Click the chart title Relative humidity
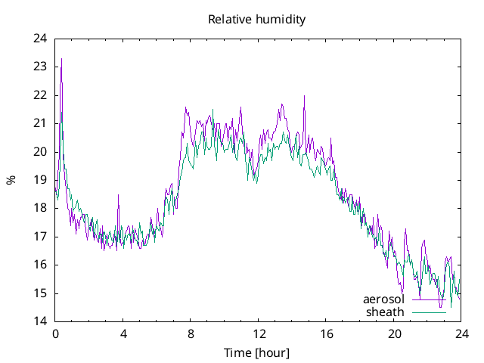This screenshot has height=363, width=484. [x=257, y=20]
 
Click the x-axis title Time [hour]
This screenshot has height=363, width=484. [x=257, y=352]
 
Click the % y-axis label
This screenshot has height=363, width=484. [x=11, y=180]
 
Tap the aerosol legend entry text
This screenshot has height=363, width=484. [x=383, y=299]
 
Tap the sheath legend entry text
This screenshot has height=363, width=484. [x=386, y=312]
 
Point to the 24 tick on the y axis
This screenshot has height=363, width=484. [x=40, y=39]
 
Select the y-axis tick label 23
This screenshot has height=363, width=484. [x=40, y=67]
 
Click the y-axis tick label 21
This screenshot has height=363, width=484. [x=40, y=123]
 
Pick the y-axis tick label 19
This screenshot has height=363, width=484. [x=40, y=180]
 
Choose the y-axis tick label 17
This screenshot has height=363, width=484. [x=40, y=237]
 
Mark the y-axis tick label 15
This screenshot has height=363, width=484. [x=40, y=293]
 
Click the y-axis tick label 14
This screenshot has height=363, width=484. [x=40, y=321]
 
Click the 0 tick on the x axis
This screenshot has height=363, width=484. [x=55, y=334]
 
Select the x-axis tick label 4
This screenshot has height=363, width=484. [x=123, y=334]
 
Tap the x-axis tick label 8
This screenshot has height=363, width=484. [x=191, y=334]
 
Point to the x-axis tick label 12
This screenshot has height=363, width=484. [x=259, y=334]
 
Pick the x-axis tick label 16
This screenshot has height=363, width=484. [x=327, y=334]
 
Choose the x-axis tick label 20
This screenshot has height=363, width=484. [x=394, y=334]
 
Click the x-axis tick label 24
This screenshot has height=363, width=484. [x=462, y=334]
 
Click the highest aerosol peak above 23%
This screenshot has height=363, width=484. [x=61, y=59]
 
